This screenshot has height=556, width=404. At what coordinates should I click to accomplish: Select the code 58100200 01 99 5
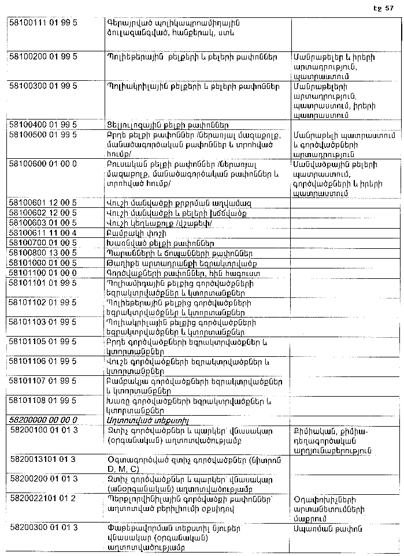pyautogui.click(x=43, y=58)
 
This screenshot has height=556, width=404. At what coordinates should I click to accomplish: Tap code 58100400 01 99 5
pyautogui.click(x=43, y=125)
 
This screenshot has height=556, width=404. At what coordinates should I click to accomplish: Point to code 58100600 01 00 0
pyautogui.click(x=43, y=164)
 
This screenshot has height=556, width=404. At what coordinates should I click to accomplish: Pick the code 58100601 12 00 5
pyautogui.click(x=43, y=203)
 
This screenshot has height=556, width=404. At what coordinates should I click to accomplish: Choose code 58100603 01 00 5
pyautogui.click(x=43, y=222)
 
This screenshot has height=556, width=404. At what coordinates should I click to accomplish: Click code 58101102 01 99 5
pyautogui.click(x=43, y=302)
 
